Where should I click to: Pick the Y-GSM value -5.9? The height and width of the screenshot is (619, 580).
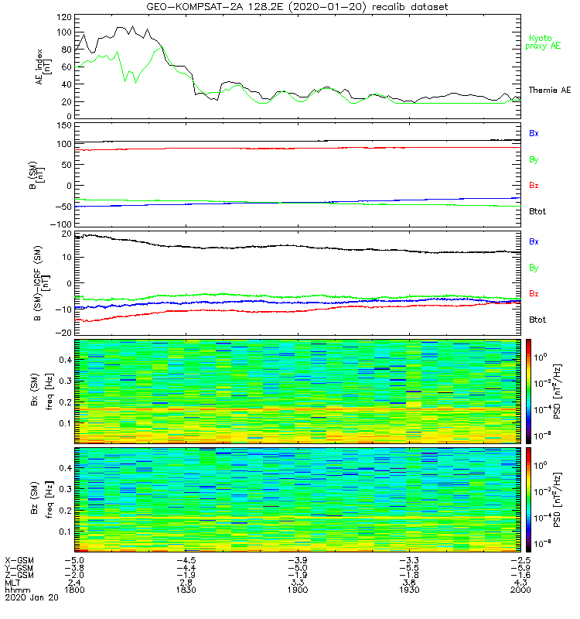518,567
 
